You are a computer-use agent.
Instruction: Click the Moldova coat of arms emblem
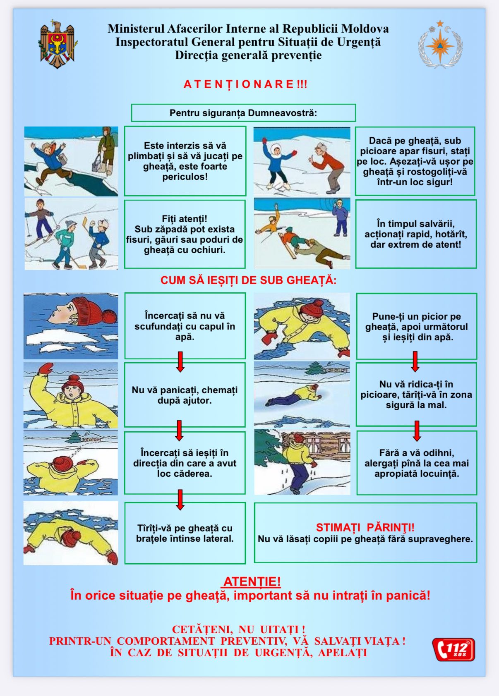(58, 44)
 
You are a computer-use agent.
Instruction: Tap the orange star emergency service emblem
(439, 44)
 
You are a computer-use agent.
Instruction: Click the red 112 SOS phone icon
(453, 649)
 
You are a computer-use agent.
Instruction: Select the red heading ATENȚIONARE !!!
(245, 84)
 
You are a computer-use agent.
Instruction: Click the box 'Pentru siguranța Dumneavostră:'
(243, 113)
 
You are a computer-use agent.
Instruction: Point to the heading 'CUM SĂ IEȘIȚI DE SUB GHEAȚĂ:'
(248, 280)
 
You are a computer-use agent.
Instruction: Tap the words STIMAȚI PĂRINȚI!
(365, 528)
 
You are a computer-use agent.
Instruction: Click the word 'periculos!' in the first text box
(185, 177)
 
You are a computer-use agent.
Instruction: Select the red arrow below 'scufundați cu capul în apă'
(180, 362)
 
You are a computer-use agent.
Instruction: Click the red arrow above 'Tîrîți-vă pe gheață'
(180, 500)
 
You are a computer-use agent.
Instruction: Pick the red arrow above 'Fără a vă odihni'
(417, 431)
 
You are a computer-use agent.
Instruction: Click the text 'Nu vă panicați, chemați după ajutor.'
(185, 395)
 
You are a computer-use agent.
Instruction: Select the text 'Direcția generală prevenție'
(248, 55)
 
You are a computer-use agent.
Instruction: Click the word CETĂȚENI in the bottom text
(202, 630)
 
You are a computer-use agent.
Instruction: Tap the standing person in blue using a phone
(340, 218)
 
